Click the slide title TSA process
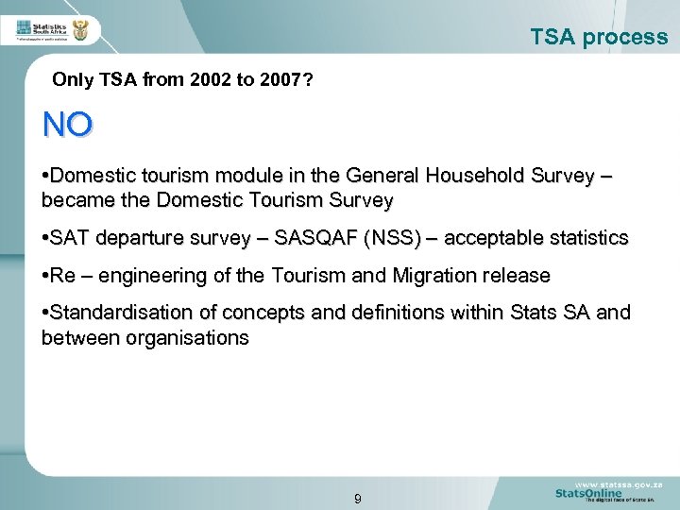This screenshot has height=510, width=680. (599, 38)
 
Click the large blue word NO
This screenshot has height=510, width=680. (67, 125)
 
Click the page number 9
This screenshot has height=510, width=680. (357, 499)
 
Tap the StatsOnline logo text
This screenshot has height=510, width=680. (588, 493)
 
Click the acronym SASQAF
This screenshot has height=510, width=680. (314, 238)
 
